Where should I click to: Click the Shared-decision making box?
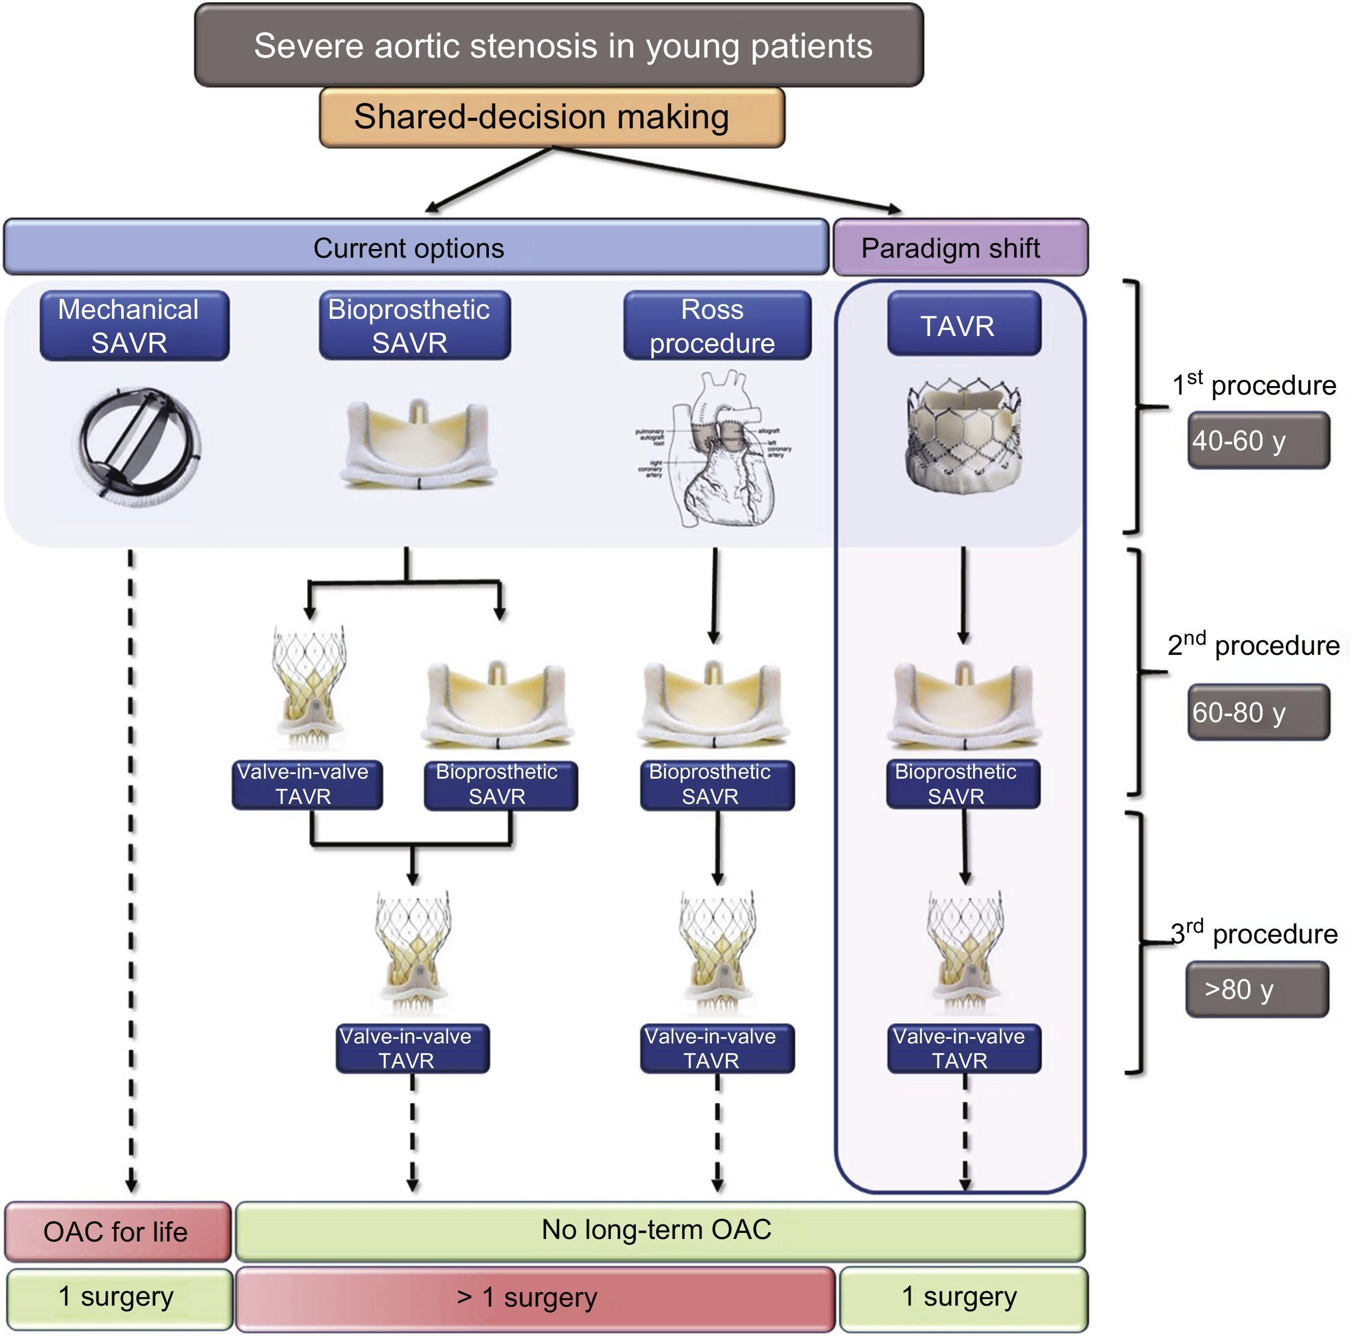click(552, 117)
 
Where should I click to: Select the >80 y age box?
click(1256, 989)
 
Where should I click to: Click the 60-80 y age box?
click(1258, 712)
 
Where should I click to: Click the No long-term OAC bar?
click(659, 1230)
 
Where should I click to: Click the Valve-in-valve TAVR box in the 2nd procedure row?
click(307, 785)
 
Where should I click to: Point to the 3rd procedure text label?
click(1254, 934)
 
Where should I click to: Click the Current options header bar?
click(416, 248)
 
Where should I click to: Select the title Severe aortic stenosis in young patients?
click(559, 46)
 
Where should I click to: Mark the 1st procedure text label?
click(1254, 385)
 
